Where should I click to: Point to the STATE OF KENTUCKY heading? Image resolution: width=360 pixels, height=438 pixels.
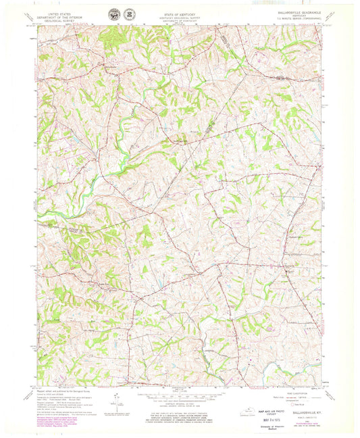[179, 10]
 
